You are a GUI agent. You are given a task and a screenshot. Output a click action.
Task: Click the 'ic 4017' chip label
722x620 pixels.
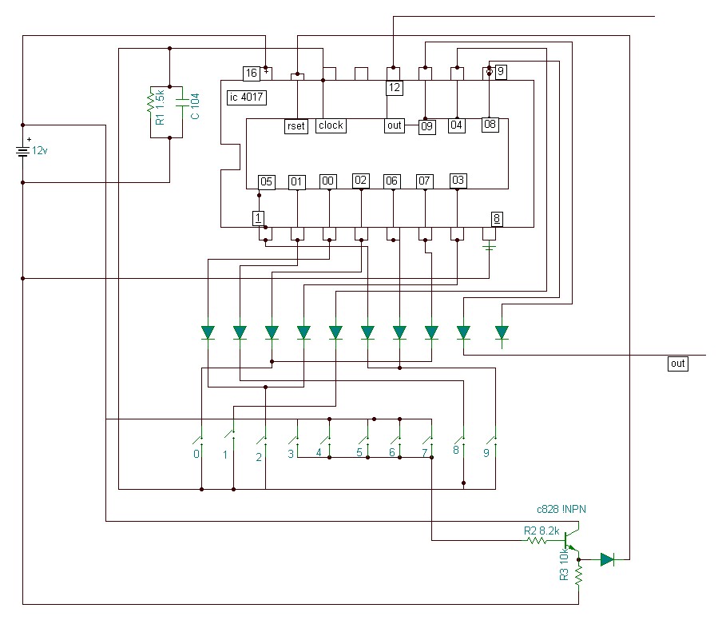[x=247, y=97]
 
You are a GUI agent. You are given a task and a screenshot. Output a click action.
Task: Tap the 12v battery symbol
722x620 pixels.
[x=22, y=151]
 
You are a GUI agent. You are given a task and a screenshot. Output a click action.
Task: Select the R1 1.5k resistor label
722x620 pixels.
[x=160, y=107]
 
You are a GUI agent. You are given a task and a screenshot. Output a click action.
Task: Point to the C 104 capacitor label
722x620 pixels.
[x=195, y=106]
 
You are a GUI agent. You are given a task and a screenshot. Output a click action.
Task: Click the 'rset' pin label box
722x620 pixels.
[x=296, y=125]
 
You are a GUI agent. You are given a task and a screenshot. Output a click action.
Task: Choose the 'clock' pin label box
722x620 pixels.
[x=331, y=125]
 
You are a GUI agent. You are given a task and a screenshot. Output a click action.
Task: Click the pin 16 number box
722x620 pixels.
[x=252, y=74]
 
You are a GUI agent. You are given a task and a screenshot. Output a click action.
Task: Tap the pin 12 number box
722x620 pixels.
[x=395, y=88]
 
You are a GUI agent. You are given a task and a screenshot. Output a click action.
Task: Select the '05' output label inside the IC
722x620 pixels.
[x=267, y=181]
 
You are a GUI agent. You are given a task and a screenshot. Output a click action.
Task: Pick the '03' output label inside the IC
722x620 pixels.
[x=458, y=180]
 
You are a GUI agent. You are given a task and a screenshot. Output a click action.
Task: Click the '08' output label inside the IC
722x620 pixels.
[x=490, y=125]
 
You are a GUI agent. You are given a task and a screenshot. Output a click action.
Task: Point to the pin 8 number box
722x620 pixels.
[x=497, y=219]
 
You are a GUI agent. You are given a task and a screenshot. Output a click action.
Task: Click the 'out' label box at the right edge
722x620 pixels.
[x=678, y=364]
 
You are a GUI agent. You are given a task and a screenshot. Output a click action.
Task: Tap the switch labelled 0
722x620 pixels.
[x=200, y=439]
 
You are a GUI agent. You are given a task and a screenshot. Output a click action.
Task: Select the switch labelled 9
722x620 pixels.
[x=493, y=439]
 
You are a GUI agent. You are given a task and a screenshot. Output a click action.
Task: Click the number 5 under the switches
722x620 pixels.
[x=359, y=452]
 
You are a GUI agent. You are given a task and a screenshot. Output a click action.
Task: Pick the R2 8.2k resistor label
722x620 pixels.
[x=541, y=531]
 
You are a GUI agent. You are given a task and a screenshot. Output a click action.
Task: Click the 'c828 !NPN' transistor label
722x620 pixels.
[x=561, y=510]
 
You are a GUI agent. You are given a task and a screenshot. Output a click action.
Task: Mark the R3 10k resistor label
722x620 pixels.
[x=564, y=564]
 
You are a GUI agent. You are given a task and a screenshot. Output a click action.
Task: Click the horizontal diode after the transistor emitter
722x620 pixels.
[x=608, y=559]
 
